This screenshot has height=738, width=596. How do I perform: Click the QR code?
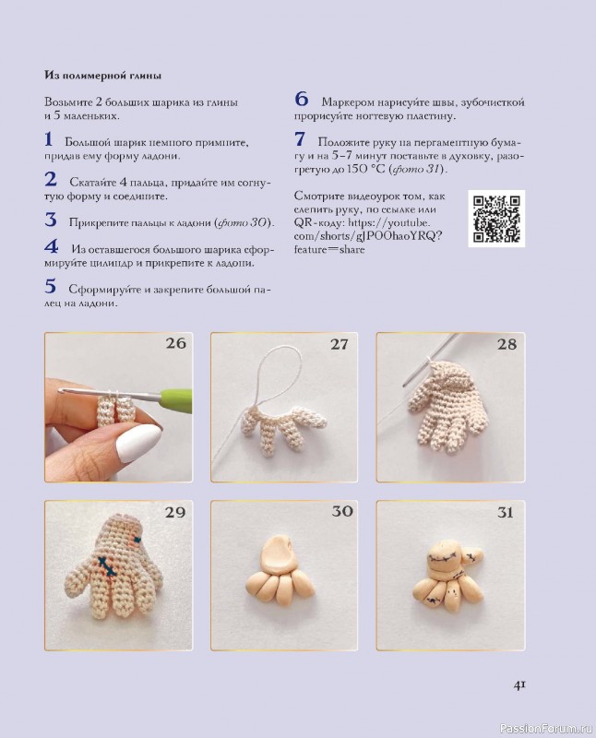[x=496, y=218]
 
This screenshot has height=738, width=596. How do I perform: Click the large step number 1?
[x=49, y=140]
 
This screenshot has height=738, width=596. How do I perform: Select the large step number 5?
[x=50, y=286]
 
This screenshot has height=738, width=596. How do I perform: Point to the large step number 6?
[x=301, y=100]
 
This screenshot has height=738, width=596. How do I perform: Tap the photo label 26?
[x=175, y=344]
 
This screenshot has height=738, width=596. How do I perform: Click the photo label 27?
[x=340, y=344]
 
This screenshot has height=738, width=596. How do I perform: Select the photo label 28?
[x=506, y=344]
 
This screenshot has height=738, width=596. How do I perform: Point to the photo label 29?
[x=175, y=512]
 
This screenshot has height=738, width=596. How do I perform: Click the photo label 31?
[x=505, y=512]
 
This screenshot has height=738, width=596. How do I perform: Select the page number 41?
[x=519, y=684]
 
